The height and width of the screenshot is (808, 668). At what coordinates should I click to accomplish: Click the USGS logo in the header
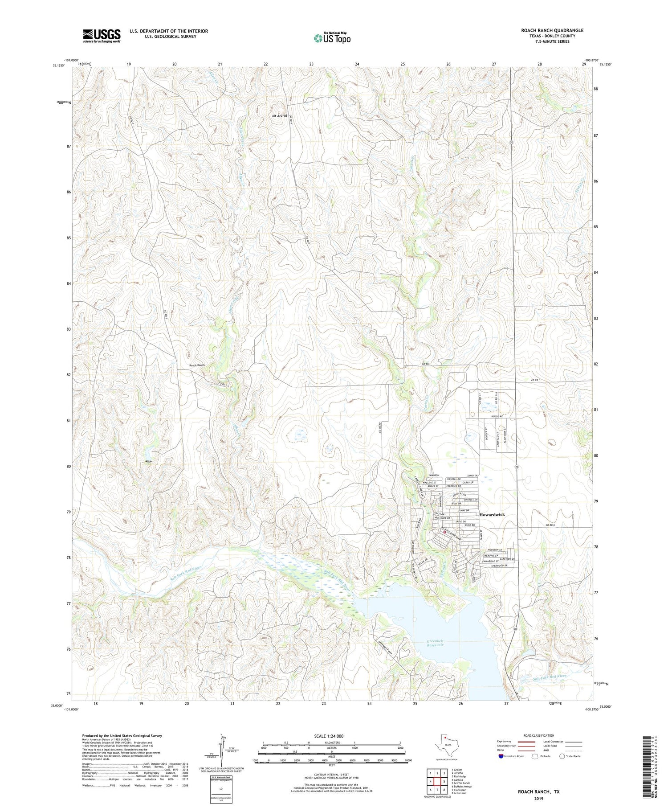click(102, 36)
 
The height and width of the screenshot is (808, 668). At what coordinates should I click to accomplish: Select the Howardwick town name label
click(492, 514)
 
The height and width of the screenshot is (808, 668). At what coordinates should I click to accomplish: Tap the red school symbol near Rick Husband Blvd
click(444, 531)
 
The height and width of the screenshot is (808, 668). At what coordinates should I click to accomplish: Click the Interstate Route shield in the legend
click(501, 756)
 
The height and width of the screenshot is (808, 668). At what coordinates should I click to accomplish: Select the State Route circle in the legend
click(562, 756)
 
